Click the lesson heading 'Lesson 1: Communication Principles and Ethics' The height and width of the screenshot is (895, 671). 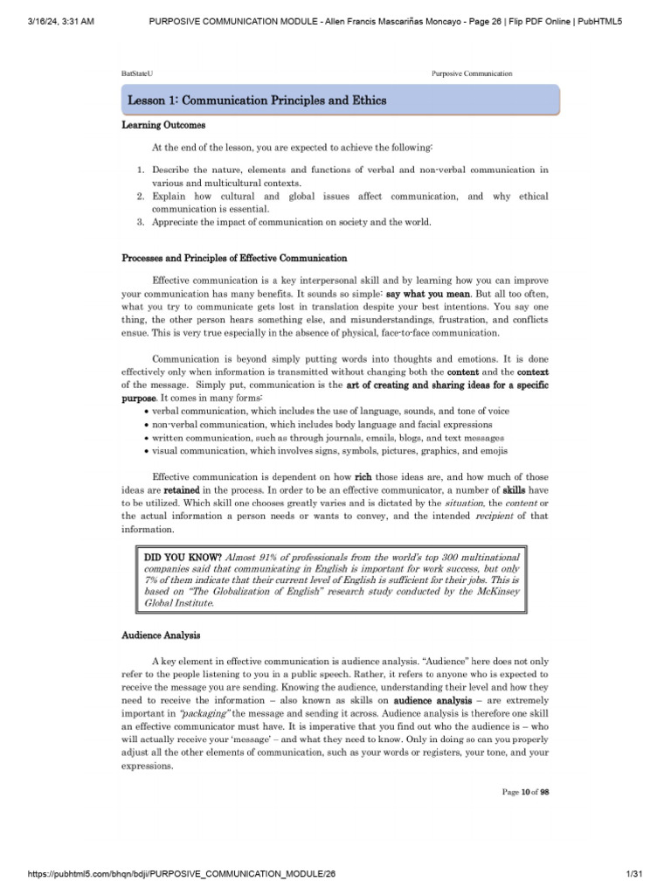point(257,101)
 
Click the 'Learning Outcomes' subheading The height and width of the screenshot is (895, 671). point(163,126)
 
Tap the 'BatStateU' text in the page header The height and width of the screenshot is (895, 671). point(134,73)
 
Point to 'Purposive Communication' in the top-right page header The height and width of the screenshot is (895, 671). point(472,73)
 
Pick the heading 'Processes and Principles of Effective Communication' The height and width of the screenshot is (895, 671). point(234,259)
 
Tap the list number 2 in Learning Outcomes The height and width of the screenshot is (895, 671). point(140,197)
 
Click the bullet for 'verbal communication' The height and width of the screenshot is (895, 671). point(145,412)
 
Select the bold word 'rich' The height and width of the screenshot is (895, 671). point(363,477)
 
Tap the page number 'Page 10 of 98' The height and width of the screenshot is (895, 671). point(525,792)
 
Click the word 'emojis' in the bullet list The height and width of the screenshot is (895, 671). point(492,451)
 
